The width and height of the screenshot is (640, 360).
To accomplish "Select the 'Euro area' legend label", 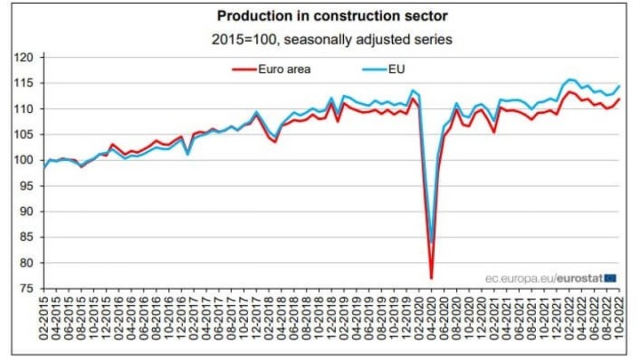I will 287,68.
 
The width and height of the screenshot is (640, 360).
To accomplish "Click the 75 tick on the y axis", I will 28,289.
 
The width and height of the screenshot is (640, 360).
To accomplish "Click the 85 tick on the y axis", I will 28,237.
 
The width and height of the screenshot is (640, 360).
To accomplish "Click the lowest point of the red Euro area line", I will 431,278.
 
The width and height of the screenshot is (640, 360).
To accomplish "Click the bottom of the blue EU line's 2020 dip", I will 432,243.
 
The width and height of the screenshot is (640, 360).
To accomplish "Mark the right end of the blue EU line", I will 619,85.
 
